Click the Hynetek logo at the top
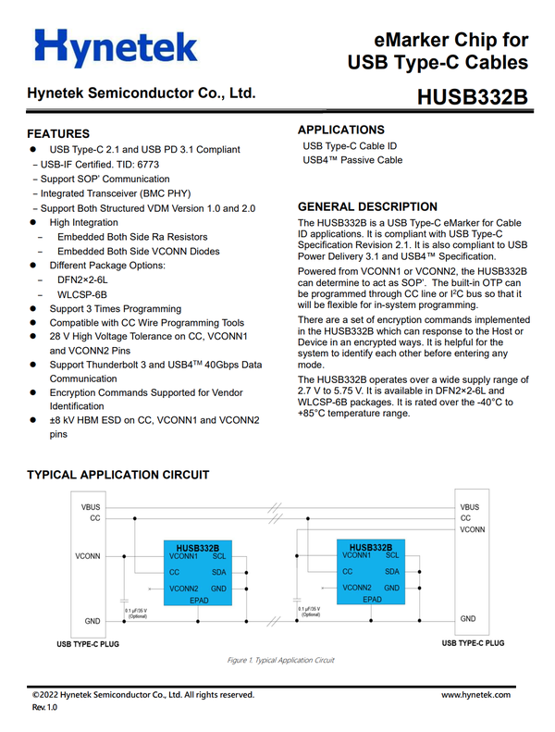coord(115,47)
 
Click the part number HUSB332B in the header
coord(472,97)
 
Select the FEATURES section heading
coord(58,133)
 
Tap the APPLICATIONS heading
coord(340,130)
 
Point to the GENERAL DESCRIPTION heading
coord(367,206)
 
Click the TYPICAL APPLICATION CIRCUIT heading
coord(117,475)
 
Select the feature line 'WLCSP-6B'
coord(80,293)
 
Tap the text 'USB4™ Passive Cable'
coord(352,160)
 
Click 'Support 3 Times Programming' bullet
coord(117,308)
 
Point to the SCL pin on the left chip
coord(218,557)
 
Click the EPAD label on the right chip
coord(372,599)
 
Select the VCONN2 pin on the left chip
coord(185,589)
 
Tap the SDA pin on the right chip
coord(391,572)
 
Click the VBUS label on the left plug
coord(91,507)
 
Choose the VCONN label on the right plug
coord(473,530)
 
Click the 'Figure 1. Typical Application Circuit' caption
coord(280,660)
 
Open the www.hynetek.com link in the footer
coord(475,694)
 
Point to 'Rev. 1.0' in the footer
coord(44,707)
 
